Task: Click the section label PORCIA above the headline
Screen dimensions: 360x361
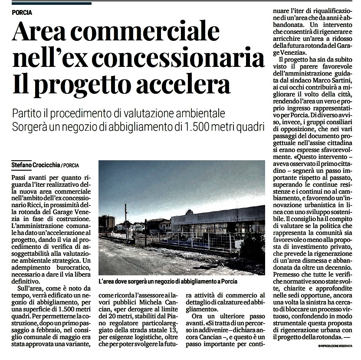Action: click(x=23, y=12)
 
